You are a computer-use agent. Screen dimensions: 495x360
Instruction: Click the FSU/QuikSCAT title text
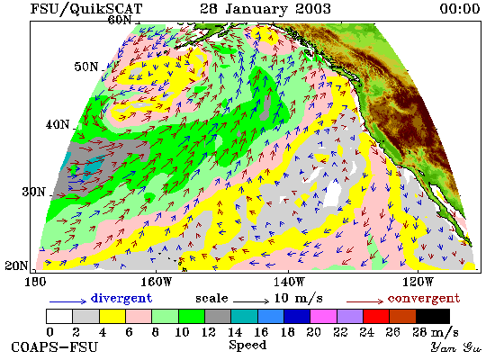coord(86,9)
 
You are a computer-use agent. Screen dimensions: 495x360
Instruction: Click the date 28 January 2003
coord(265,8)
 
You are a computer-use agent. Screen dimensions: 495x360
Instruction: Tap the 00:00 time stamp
coord(460,8)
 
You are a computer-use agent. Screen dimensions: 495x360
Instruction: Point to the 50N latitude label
coord(86,67)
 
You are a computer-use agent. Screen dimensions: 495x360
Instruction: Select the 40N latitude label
coord(58,124)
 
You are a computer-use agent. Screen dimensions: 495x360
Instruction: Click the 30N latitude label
coord(33,192)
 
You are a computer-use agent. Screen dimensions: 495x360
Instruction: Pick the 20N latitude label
coord(16,265)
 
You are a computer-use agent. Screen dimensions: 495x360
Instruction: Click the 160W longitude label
coord(157,282)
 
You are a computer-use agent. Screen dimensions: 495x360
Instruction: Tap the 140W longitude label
coord(289,282)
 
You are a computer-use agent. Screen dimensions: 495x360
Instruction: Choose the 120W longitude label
coord(418,282)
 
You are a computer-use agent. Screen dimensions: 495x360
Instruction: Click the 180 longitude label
coord(35,282)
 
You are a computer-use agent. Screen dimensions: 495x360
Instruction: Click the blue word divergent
coord(121,298)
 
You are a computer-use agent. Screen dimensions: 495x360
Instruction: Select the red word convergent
coord(424,299)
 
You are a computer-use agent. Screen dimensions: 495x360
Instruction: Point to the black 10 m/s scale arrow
coord(251,301)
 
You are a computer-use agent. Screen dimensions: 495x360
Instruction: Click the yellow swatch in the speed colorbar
coord(112,317)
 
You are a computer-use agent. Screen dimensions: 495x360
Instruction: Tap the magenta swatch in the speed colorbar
coord(324,317)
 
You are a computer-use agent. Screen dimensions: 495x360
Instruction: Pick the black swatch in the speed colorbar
coord(433,317)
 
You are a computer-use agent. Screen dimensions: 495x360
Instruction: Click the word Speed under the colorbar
coord(247,345)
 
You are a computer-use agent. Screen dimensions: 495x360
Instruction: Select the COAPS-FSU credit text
coord(54,346)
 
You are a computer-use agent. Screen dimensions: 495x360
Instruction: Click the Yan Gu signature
coord(456,347)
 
